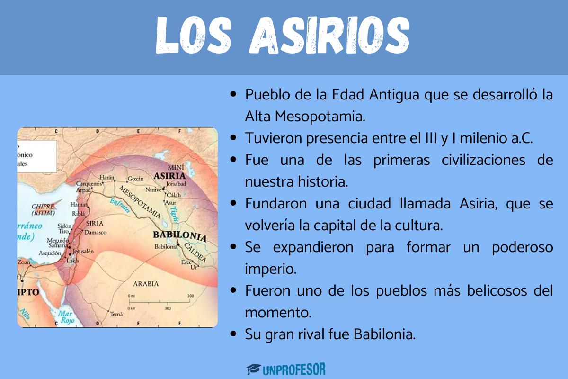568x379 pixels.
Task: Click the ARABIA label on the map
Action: pos(146,284)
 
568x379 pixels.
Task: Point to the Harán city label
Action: pos(107,178)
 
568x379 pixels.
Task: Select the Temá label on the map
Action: pos(115,314)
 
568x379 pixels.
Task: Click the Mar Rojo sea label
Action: pos(66,317)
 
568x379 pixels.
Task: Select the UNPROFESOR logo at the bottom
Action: pos(286,369)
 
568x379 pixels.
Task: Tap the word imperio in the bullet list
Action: pos(271,269)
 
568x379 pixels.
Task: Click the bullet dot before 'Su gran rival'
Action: pos(233,334)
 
